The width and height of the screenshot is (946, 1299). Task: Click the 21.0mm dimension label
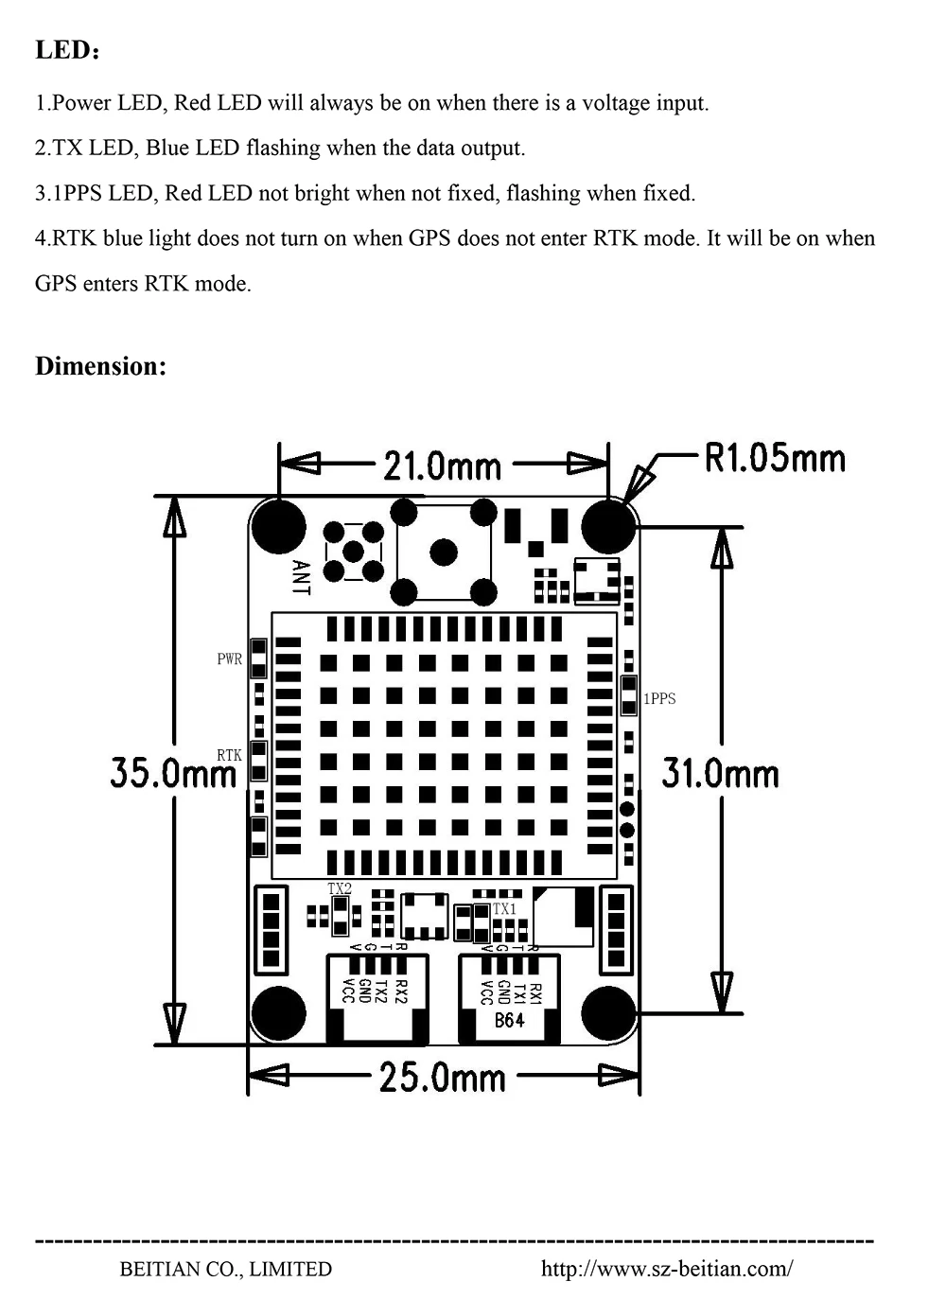coord(442,465)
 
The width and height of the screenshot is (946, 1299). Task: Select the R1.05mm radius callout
coord(775,458)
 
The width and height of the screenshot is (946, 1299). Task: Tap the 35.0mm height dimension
coord(172,773)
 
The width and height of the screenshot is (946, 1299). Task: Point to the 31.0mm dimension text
coord(721,773)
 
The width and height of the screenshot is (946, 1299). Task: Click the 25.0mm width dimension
coord(443,1078)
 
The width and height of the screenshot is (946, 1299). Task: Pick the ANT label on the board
coord(301,577)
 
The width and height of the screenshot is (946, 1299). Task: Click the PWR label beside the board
coord(230,658)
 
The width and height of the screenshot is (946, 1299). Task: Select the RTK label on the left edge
coord(229,755)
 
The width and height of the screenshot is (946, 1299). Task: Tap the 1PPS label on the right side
coord(659,699)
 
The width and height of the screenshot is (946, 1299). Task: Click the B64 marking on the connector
coord(509,1021)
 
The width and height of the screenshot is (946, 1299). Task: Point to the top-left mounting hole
coord(280,526)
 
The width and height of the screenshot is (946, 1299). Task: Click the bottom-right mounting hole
coord(608,1012)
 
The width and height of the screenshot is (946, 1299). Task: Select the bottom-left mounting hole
coord(280,1012)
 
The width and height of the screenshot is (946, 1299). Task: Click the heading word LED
coord(62,50)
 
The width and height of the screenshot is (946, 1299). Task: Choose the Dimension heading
coord(100,366)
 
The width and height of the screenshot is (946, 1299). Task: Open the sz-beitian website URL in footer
coord(667,1269)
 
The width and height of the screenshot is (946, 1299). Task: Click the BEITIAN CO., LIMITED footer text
coord(226,1269)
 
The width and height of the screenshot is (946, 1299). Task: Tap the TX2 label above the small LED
coord(339,888)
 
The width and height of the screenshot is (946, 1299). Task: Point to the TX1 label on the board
coord(504,908)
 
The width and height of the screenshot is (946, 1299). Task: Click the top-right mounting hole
coord(608,526)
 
